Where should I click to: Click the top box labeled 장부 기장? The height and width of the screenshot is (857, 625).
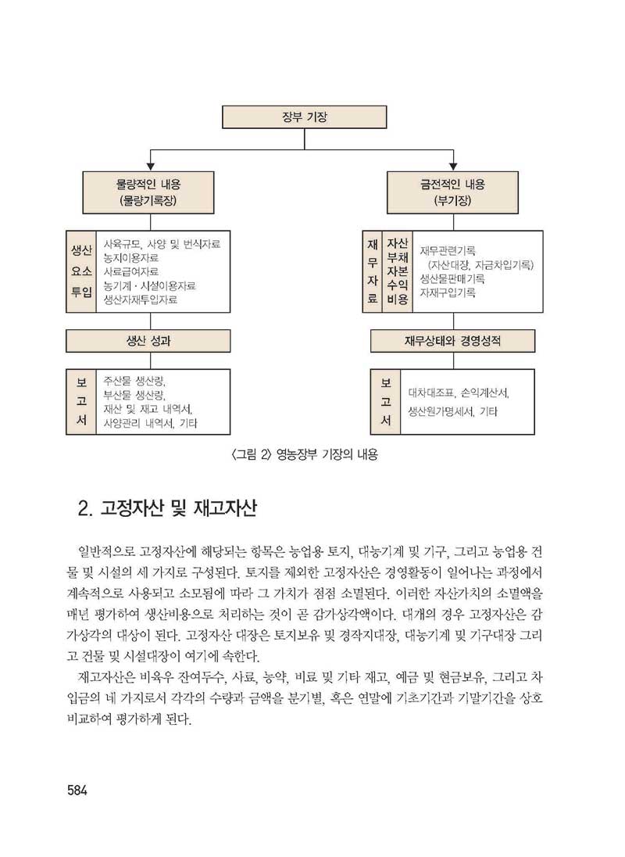[x=305, y=117]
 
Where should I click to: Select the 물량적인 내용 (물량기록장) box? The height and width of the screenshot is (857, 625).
[x=150, y=192]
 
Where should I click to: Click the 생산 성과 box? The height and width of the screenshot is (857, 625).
[x=148, y=341]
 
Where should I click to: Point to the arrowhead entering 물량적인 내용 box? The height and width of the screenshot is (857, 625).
[x=150, y=167]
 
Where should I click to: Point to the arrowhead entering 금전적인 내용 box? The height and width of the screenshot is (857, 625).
[x=452, y=167]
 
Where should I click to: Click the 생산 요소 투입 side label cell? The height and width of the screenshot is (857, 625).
[x=80, y=271]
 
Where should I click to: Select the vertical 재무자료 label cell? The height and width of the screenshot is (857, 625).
[x=373, y=271]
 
